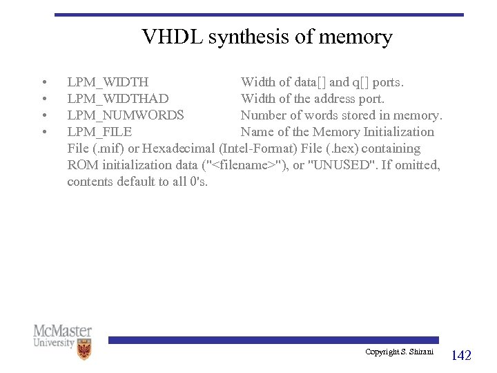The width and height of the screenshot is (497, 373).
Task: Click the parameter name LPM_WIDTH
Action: pyautogui.click(x=108, y=83)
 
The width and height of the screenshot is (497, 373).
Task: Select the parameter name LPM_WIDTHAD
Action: pyautogui.click(x=118, y=99)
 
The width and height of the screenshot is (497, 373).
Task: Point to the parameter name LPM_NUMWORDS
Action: pyautogui.click(x=126, y=115)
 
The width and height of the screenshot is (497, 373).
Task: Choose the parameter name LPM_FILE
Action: pyautogui.click(x=99, y=132)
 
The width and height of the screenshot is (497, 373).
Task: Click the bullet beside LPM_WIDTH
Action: pyautogui.click(x=44, y=83)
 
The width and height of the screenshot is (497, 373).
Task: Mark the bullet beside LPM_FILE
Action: pyautogui.click(x=44, y=132)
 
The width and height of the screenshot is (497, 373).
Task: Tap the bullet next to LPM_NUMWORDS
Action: pyautogui.click(x=44, y=115)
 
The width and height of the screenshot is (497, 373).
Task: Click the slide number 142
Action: pyautogui.click(x=461, y=356)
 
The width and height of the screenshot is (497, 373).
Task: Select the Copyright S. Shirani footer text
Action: pyautogui.click(x=400, y=352)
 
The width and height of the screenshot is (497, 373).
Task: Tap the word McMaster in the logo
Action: pyautogui.click(x=63, y=331)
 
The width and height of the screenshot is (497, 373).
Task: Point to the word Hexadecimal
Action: pyautogui.click(x=179, y=149)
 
